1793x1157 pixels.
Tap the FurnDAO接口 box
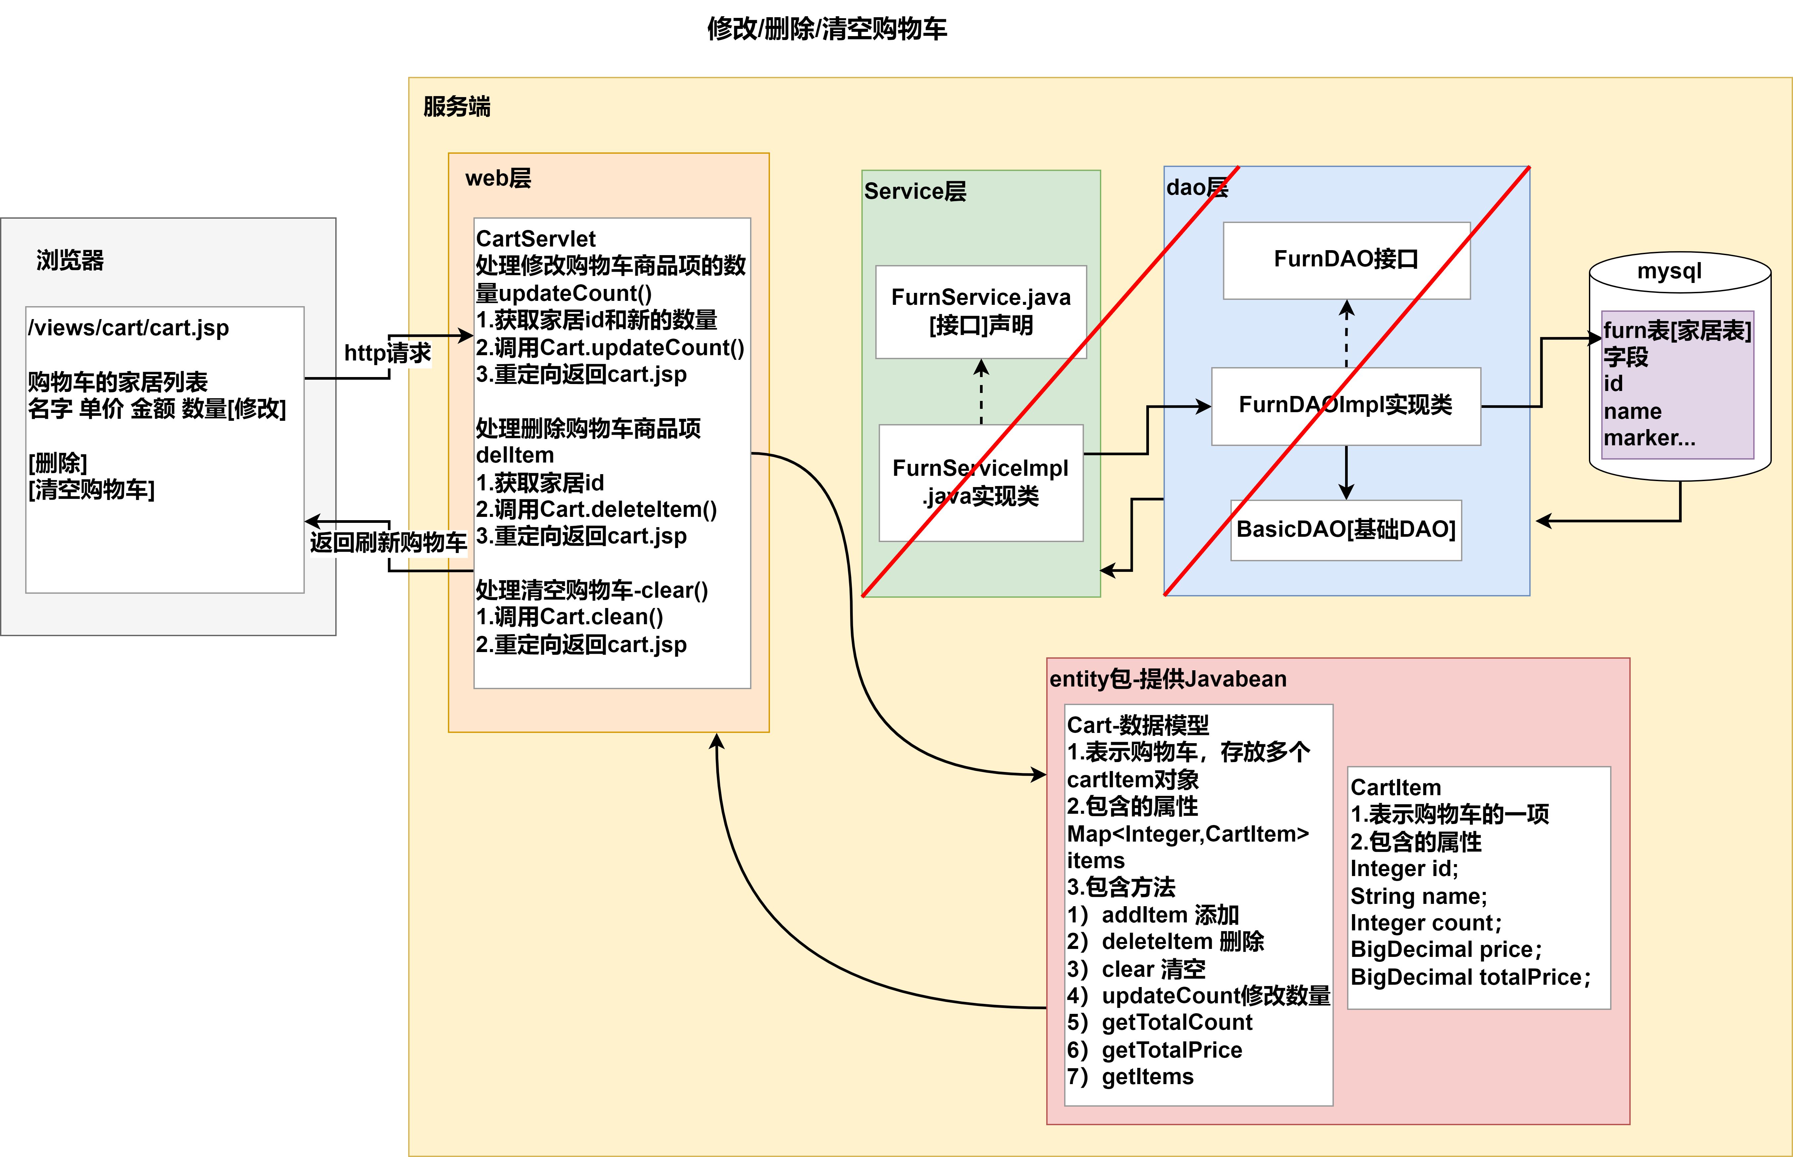coord(1346,260)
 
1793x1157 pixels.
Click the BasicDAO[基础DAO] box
coord(1346,530)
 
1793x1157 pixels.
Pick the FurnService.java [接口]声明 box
coord(981,312)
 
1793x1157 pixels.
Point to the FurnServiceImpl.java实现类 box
coord(981,482)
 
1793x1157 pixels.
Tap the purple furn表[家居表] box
coord(1677,385)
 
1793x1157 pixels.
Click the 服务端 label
coord(457,107)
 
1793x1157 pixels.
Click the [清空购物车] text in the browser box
coord(92,490)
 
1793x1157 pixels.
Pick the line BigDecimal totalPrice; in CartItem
coord(1470,977)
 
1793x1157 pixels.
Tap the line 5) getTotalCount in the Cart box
coord(1160,1022)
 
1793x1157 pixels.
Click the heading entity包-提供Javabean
coord(1168,679)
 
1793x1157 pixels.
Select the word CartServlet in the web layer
coord(536,239)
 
